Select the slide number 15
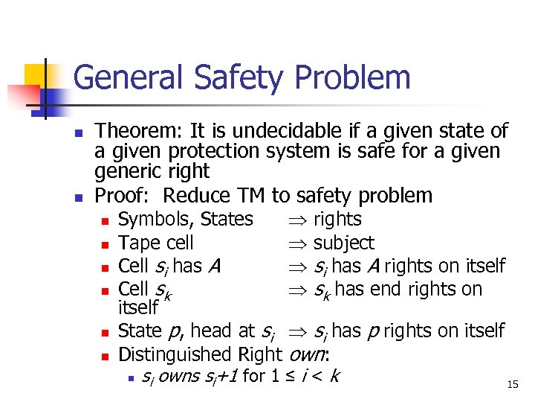click(511, 384)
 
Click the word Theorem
click(140, 132)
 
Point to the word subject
click(343, 243)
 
